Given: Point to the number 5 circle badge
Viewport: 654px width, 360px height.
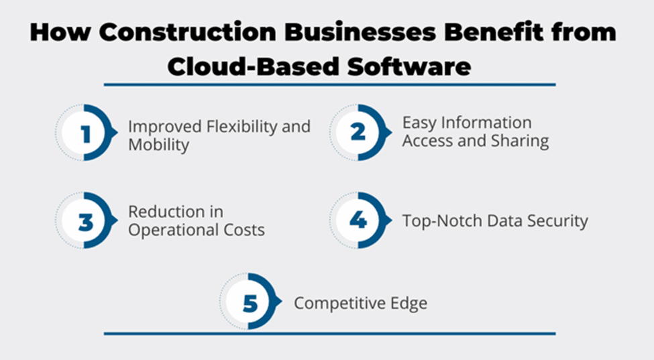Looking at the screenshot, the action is click(250, 301).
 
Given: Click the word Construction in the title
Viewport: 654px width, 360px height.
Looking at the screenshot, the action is click(187, 32).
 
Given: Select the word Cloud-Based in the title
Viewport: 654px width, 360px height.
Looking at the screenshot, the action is click(254, 66).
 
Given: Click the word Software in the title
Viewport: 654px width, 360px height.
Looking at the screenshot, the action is click(409, 66).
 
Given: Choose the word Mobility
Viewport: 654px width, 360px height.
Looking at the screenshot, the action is click(158, 145).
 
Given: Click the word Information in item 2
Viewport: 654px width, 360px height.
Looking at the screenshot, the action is click(486, 123).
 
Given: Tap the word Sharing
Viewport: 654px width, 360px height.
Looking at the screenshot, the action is click(520, 141).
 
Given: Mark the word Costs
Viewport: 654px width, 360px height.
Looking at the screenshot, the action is click(244, 230).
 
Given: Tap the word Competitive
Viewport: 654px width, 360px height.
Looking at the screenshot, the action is click(339, 303).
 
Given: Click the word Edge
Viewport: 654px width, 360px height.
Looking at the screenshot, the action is click(408, 303).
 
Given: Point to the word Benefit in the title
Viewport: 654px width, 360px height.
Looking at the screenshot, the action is click(494, 32).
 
